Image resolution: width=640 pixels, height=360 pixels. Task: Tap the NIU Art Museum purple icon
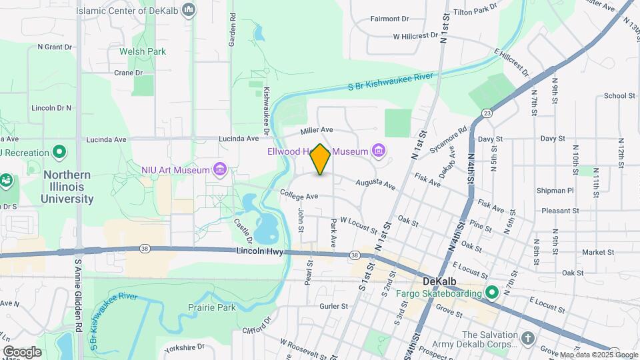[x=219, y=170]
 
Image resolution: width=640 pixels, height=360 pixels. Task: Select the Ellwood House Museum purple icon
[x=379, y=151]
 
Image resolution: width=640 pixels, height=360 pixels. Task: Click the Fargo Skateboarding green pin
[x=492, y=293]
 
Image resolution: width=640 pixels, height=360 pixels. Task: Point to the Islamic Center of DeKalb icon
[x=189, y=10]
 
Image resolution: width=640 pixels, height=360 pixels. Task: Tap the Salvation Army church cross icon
[x=529, y=338]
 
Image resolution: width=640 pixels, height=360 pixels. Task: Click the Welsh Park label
[x=142, y=51]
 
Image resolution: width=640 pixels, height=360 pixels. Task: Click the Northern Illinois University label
[x=67, y=187]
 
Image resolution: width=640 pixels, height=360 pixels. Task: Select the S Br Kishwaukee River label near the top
[x=391, y=81]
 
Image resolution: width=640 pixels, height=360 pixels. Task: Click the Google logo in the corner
[x=22, y=351]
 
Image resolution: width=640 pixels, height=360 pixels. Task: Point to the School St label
[x=619, y=95]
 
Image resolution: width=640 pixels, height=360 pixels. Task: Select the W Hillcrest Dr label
[x=415, y=36]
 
